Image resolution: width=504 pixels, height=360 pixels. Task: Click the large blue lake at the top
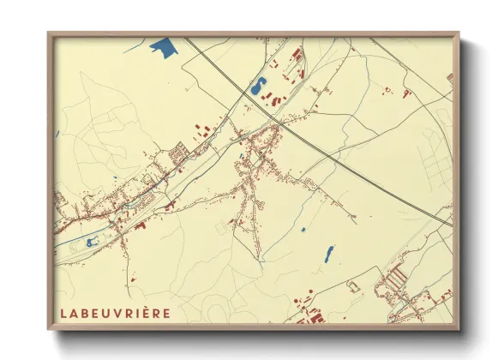[160, 45]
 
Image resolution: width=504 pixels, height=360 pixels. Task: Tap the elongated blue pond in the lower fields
[328, 254]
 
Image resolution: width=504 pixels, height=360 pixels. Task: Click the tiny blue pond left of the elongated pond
[303, 231]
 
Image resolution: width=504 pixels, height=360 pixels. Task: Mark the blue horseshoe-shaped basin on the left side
[92, 243]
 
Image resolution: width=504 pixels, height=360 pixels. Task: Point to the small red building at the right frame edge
[449, 78]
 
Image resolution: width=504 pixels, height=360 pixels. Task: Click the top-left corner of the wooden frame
[48, 33]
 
